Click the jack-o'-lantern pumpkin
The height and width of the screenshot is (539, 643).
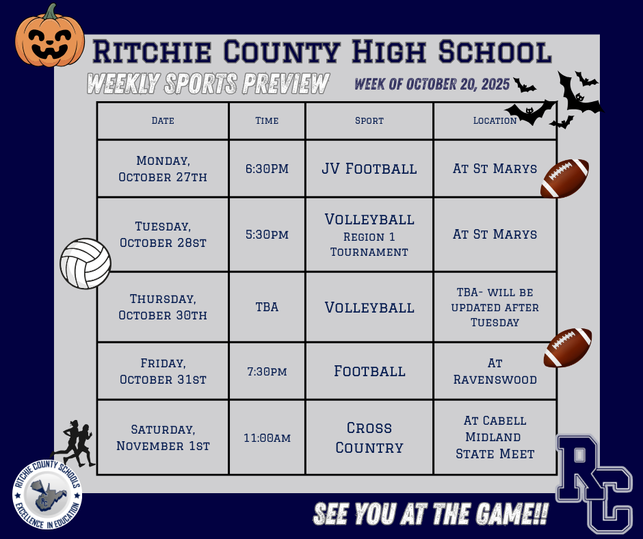click(49, 38)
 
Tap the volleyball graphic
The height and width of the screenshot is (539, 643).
click(86, 263)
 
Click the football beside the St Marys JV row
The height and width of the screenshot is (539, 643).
click(565, 179)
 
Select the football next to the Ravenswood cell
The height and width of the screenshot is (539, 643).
click(568, 348)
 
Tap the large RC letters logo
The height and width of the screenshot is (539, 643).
click(594, 482)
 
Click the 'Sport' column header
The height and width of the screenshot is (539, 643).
click(369, 120)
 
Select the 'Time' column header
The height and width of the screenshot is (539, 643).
click(267, 120)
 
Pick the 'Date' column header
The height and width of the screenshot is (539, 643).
click(163, 120)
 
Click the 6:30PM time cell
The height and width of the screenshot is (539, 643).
click(267, 168)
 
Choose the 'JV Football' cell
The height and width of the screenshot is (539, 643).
click(369, 168)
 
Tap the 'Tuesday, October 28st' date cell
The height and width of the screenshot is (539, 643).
click(163, 234)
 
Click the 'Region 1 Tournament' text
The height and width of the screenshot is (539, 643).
click(369, 245)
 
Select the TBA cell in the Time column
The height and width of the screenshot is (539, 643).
click(267, 307)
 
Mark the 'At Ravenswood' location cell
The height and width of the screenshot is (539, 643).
click(495, 371)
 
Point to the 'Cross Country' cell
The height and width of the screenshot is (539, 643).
click(369, 438)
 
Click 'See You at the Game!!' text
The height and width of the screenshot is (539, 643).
click(430, 515)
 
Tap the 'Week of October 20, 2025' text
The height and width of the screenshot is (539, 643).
click(432, 84)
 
